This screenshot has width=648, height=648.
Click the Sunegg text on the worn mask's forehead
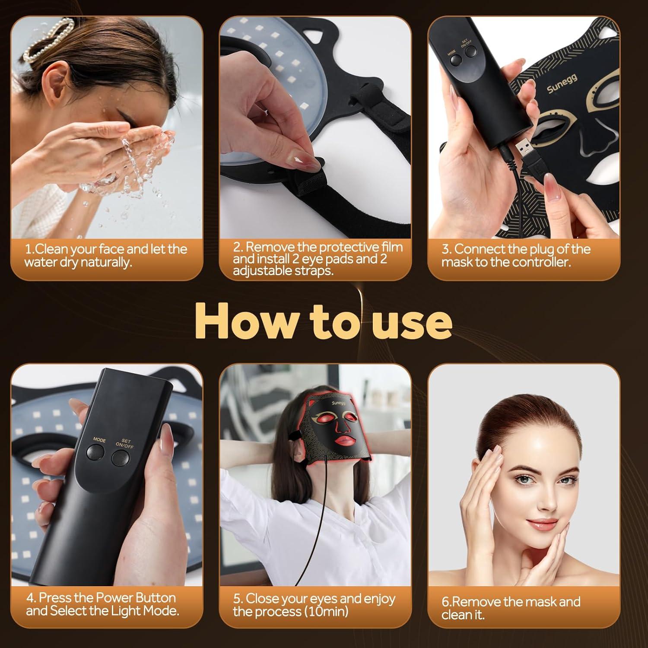tap(339, 403)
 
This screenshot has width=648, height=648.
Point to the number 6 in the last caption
tap(445, 602)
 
